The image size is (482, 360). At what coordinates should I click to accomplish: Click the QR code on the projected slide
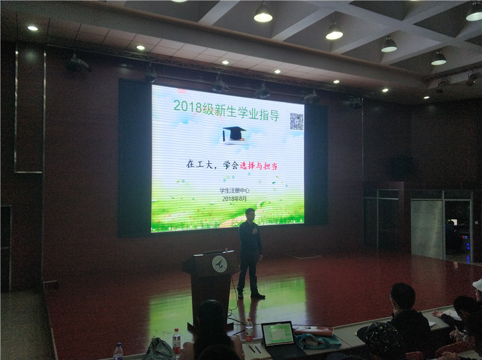point(296,122)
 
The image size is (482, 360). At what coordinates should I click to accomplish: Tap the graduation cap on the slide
point(234,134)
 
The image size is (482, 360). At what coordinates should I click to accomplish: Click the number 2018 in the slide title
point(187,107)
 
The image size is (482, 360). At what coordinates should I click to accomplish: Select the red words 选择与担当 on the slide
point(258,166)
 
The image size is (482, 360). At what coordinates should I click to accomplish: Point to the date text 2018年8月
point(234,199)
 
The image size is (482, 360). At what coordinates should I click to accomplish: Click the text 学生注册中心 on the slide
point(234,190)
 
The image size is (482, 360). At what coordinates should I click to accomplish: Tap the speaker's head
point(250,214)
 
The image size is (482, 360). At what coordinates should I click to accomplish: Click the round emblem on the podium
point(219,264)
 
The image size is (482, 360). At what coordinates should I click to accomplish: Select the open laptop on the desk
point(280,340)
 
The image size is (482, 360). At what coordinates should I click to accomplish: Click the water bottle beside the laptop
point(249,331)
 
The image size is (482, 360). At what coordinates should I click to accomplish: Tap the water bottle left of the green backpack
point(177,341)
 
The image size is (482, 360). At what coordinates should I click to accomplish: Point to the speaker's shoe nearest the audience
point(258,296)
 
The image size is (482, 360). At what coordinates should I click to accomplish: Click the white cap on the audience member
point(478,285)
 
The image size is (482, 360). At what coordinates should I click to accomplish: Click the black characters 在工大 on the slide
point(199,164)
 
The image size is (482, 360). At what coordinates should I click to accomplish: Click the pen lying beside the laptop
point(251,349)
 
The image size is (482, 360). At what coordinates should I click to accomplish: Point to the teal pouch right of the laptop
point(317,341)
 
